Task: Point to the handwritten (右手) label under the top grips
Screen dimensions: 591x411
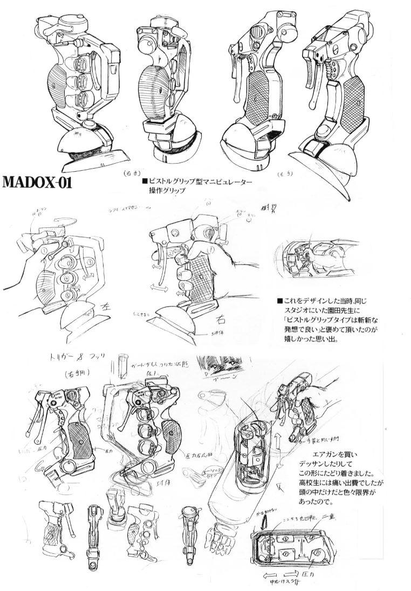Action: pyautogui.click(x=132, y=173)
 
